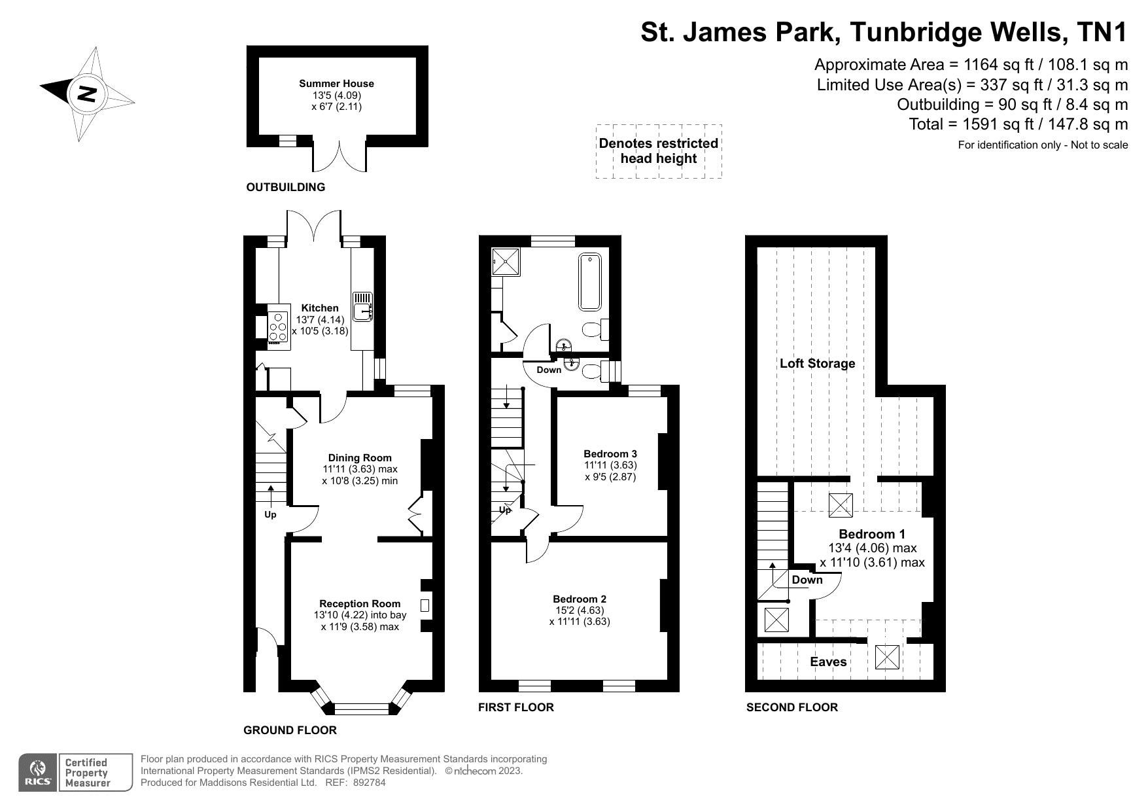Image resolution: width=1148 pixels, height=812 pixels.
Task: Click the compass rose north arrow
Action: point(87,94)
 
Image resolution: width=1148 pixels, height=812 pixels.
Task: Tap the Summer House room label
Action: point(336,83)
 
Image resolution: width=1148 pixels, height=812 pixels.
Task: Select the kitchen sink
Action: point(363,307)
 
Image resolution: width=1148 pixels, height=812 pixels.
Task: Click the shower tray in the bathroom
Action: point(504,261)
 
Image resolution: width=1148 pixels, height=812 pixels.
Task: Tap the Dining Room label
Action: point(360,458)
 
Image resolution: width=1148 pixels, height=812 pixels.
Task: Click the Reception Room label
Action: point(360,603)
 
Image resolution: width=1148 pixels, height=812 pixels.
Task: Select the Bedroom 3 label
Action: point(610,453)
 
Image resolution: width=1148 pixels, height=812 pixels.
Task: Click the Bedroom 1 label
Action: point(872,534)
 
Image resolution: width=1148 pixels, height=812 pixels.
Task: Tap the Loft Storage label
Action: point(817,363)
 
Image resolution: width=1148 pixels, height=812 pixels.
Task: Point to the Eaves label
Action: point(828,662)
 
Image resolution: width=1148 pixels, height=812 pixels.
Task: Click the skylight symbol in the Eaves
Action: point(888,656)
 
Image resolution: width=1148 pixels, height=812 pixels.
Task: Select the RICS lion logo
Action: point(38,773)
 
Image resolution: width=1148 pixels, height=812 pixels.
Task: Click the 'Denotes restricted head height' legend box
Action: point(659,151)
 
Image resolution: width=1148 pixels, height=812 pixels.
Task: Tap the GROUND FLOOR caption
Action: point(290,730)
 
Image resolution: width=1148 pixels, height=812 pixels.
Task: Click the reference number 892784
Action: point(370,782)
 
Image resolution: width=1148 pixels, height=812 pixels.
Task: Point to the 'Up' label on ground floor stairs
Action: point(270,514)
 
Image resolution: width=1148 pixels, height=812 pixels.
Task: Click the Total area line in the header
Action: point(1018,124)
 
